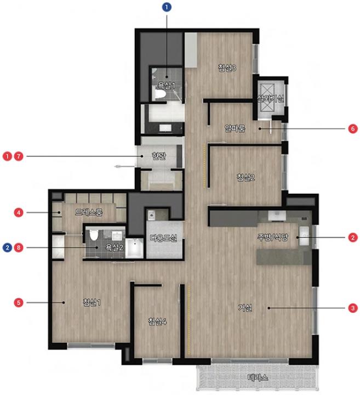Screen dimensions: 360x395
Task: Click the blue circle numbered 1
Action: [167, 7]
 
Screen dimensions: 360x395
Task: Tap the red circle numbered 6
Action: [353, 129]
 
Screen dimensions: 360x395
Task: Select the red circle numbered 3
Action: [353, 308]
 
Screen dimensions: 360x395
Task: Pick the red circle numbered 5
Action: [19, 302]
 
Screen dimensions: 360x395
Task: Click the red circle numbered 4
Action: [19, 213]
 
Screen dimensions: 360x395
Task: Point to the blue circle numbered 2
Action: [7, 247]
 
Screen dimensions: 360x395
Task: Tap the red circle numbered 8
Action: [19, 247]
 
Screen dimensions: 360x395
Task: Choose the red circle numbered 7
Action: [19, 156]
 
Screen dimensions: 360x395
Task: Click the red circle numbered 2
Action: [353, 238]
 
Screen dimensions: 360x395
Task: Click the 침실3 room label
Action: [227, 68]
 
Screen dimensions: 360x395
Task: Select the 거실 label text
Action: [245, 308]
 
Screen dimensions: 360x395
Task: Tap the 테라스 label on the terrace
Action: [258, 377]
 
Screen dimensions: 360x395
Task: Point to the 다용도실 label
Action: [163, 238]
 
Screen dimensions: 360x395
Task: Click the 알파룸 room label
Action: [235, 128]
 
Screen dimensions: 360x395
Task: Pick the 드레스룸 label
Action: [89, 212]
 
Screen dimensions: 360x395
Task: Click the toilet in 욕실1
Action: [159, 94]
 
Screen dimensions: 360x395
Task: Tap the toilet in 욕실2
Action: [94, 234]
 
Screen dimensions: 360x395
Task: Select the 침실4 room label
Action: [157, 321]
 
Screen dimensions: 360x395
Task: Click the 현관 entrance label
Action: [159, 156]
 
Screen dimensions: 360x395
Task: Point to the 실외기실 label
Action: [271, 99]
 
